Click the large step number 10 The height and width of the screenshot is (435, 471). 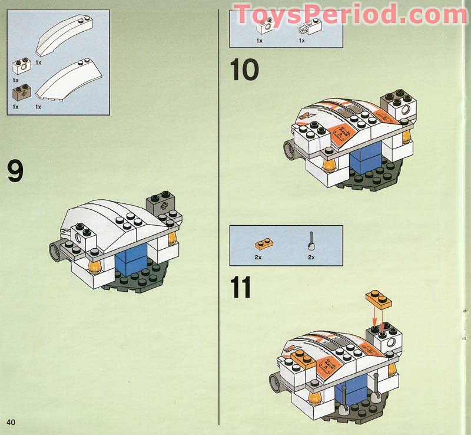(244, 70)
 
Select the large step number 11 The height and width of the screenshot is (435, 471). (241, 288)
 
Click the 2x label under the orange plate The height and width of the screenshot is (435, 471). (259, 258)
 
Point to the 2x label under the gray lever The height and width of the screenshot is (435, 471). (311, 258)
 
